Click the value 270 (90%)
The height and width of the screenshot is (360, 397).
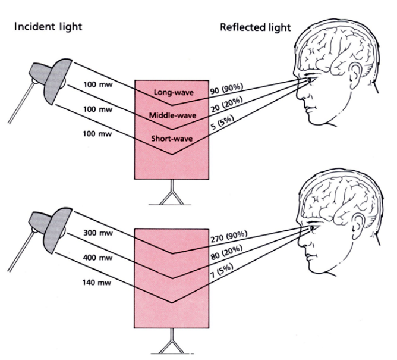click(229, 239)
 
